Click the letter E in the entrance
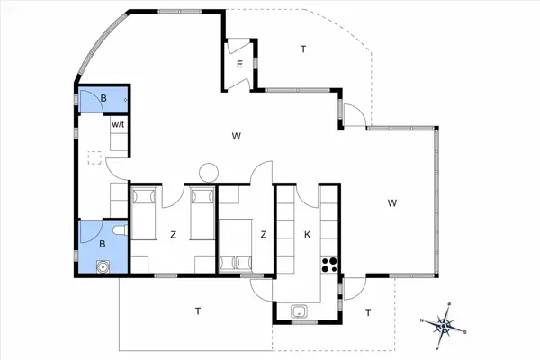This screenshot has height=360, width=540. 239,64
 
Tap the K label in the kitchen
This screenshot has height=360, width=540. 307,235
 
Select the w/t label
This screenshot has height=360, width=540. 118,124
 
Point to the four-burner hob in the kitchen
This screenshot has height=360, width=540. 329,265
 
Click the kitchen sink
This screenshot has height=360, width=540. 301,312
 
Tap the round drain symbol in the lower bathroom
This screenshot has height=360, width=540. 103,265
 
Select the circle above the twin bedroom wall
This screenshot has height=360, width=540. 209,171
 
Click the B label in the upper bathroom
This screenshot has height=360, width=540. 103,98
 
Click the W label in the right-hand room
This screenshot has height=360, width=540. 392,202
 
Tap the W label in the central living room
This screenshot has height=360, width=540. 236,137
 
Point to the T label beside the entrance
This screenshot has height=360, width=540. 303,49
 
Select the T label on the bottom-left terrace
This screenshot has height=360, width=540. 197,311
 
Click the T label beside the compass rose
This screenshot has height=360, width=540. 368,312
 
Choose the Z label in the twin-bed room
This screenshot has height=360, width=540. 172,235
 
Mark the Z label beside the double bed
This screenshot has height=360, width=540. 263,235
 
